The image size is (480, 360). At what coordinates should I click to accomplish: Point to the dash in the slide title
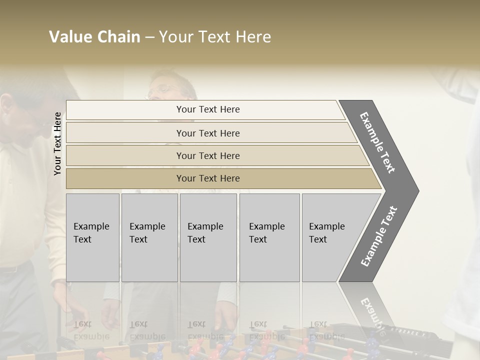[x=149, y=37]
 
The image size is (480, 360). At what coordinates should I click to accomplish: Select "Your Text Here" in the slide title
[x=215, y=37]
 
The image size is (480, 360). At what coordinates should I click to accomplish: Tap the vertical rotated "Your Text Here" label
[x=57, y=144]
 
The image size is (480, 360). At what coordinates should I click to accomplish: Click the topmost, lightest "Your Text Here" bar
[x=208, y=109]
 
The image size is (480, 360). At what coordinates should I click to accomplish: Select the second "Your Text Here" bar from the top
[x=208, y=133]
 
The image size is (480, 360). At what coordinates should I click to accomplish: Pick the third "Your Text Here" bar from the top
[x=208, y=155]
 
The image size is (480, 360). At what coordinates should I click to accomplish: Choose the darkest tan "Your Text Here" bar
[x=208, y=178]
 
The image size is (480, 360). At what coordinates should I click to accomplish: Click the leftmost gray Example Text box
[x=92, y=237]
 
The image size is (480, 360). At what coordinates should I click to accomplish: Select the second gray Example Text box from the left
[x=149, y=237]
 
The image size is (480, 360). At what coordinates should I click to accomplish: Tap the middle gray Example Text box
[x=208, y=237]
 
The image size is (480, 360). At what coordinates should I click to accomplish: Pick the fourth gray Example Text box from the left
[x=269, y=237]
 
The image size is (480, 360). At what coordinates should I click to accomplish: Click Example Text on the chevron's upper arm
[x=377, y=142]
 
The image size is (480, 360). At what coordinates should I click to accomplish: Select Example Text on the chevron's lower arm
[x=379, y=236]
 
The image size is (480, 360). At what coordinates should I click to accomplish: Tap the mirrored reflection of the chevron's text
[x=372, y=315]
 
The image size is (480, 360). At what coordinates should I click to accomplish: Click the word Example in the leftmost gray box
[x=91, y=226]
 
